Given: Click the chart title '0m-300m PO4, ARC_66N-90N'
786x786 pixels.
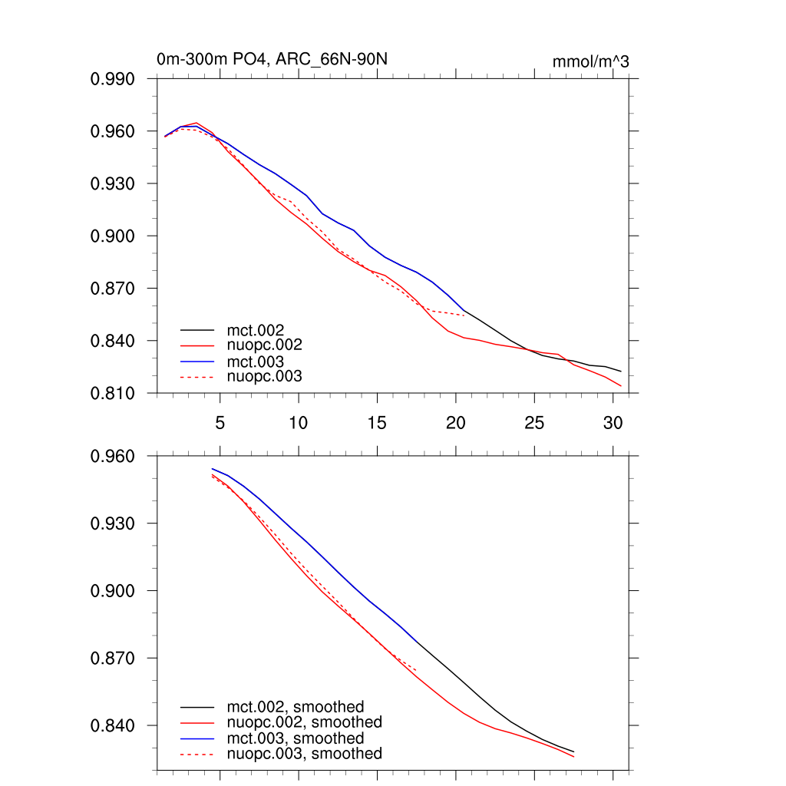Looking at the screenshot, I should coord(277,59).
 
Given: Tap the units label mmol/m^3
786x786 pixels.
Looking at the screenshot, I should coord(590,62).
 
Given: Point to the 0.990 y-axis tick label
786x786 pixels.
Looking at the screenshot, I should coord(113,79).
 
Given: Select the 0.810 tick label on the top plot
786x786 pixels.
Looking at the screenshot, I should coord(113,393).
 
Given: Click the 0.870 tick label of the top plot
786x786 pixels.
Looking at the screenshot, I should coord(113,289).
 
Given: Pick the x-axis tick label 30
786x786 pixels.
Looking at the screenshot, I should coord(613,422).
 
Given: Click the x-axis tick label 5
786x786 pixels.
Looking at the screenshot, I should coord(220,422).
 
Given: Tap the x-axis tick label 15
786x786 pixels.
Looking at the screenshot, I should coord(377,422).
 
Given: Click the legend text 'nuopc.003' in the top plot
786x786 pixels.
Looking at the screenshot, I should coord(264,376).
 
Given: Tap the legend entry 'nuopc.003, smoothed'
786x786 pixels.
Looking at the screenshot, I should coord(305,754).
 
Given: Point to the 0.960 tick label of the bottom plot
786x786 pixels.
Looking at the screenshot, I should coord(113,456).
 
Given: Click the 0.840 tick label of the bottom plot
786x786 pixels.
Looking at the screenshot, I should coord(113,725).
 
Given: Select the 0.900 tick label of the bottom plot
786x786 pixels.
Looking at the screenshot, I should coord(113,591).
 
